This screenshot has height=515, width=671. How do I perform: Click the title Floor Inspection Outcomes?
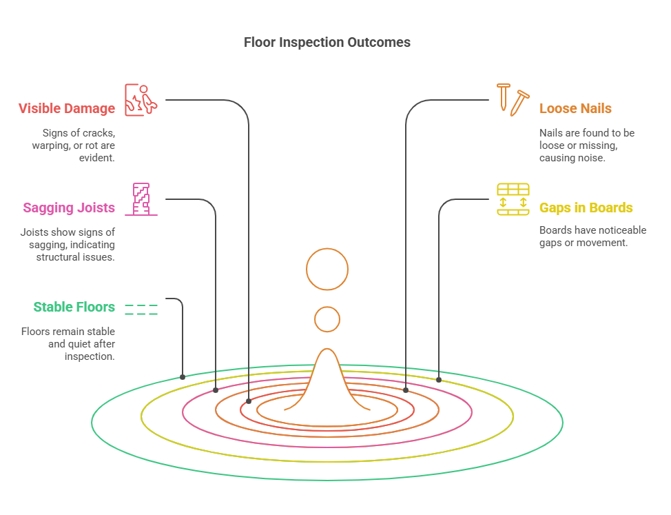pos(327,42)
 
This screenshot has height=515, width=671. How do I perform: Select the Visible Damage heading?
pos(67,108)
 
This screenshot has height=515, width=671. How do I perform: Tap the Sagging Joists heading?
pos(69,208)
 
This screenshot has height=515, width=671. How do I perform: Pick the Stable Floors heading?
pos(74,307)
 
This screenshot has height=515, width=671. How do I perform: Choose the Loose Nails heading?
pos(575,108)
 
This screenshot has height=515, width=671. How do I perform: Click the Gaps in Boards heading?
pos(586,208)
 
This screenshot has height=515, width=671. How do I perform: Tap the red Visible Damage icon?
pos(141,99)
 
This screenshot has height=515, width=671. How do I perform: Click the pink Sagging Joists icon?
pos(141,199)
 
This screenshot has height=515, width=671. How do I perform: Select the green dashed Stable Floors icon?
pos(141,310)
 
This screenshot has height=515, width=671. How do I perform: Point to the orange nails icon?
pos(513,99)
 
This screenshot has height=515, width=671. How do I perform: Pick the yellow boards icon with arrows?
pos(513,199)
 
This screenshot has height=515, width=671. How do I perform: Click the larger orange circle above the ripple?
pos(327,269)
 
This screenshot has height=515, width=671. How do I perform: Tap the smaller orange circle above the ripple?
pos(327,319)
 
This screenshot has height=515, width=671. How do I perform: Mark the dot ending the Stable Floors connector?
pos(183,377)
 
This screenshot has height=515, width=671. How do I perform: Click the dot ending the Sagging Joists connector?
pos(216,390)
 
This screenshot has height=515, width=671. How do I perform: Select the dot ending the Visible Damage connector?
pos(249,401)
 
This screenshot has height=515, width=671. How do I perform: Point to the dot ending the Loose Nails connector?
pos(406,390)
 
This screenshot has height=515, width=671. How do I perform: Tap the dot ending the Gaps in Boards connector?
pos(439,379)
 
